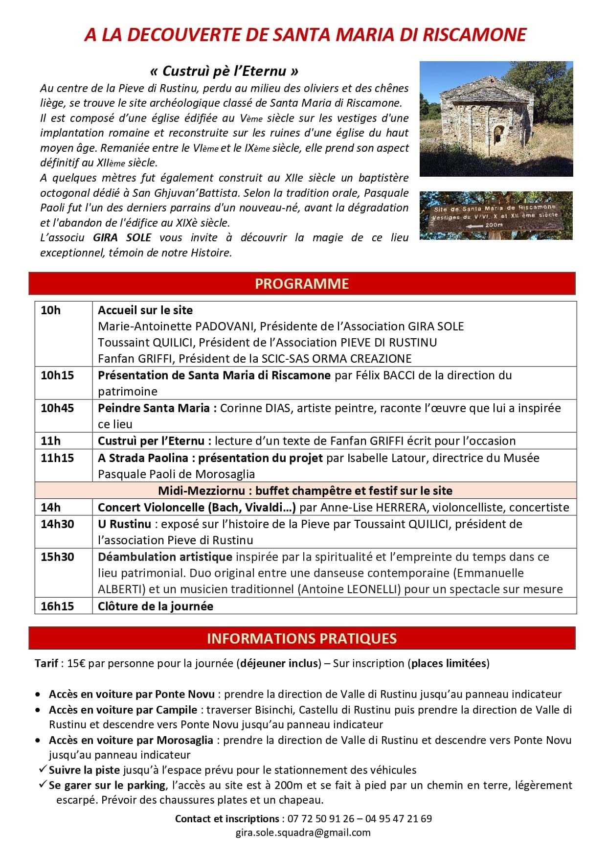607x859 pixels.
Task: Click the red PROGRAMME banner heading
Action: click(302, 284)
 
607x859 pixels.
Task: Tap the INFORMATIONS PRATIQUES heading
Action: click(302, 638)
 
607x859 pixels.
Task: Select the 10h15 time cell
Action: click(57, 375)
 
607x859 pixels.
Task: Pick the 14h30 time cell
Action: click(57, 524)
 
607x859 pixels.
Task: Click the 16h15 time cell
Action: click(57, 606)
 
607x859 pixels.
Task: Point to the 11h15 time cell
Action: click(57, 458)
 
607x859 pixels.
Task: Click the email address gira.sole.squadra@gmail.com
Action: click(303, 832)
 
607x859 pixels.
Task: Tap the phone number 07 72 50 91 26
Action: click(320, 818)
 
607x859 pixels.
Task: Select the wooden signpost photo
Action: click(496, 215)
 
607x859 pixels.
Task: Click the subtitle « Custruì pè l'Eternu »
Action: click(224, 71)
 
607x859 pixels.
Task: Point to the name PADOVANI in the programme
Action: click(225, 326)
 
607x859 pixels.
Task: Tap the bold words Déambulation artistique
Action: click(165, 557)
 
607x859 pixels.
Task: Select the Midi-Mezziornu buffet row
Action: click(305, 490)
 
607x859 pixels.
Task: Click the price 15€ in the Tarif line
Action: click(76, 664)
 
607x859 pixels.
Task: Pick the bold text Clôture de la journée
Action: click(156, 606)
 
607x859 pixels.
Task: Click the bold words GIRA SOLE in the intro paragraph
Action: click(122, 238)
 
